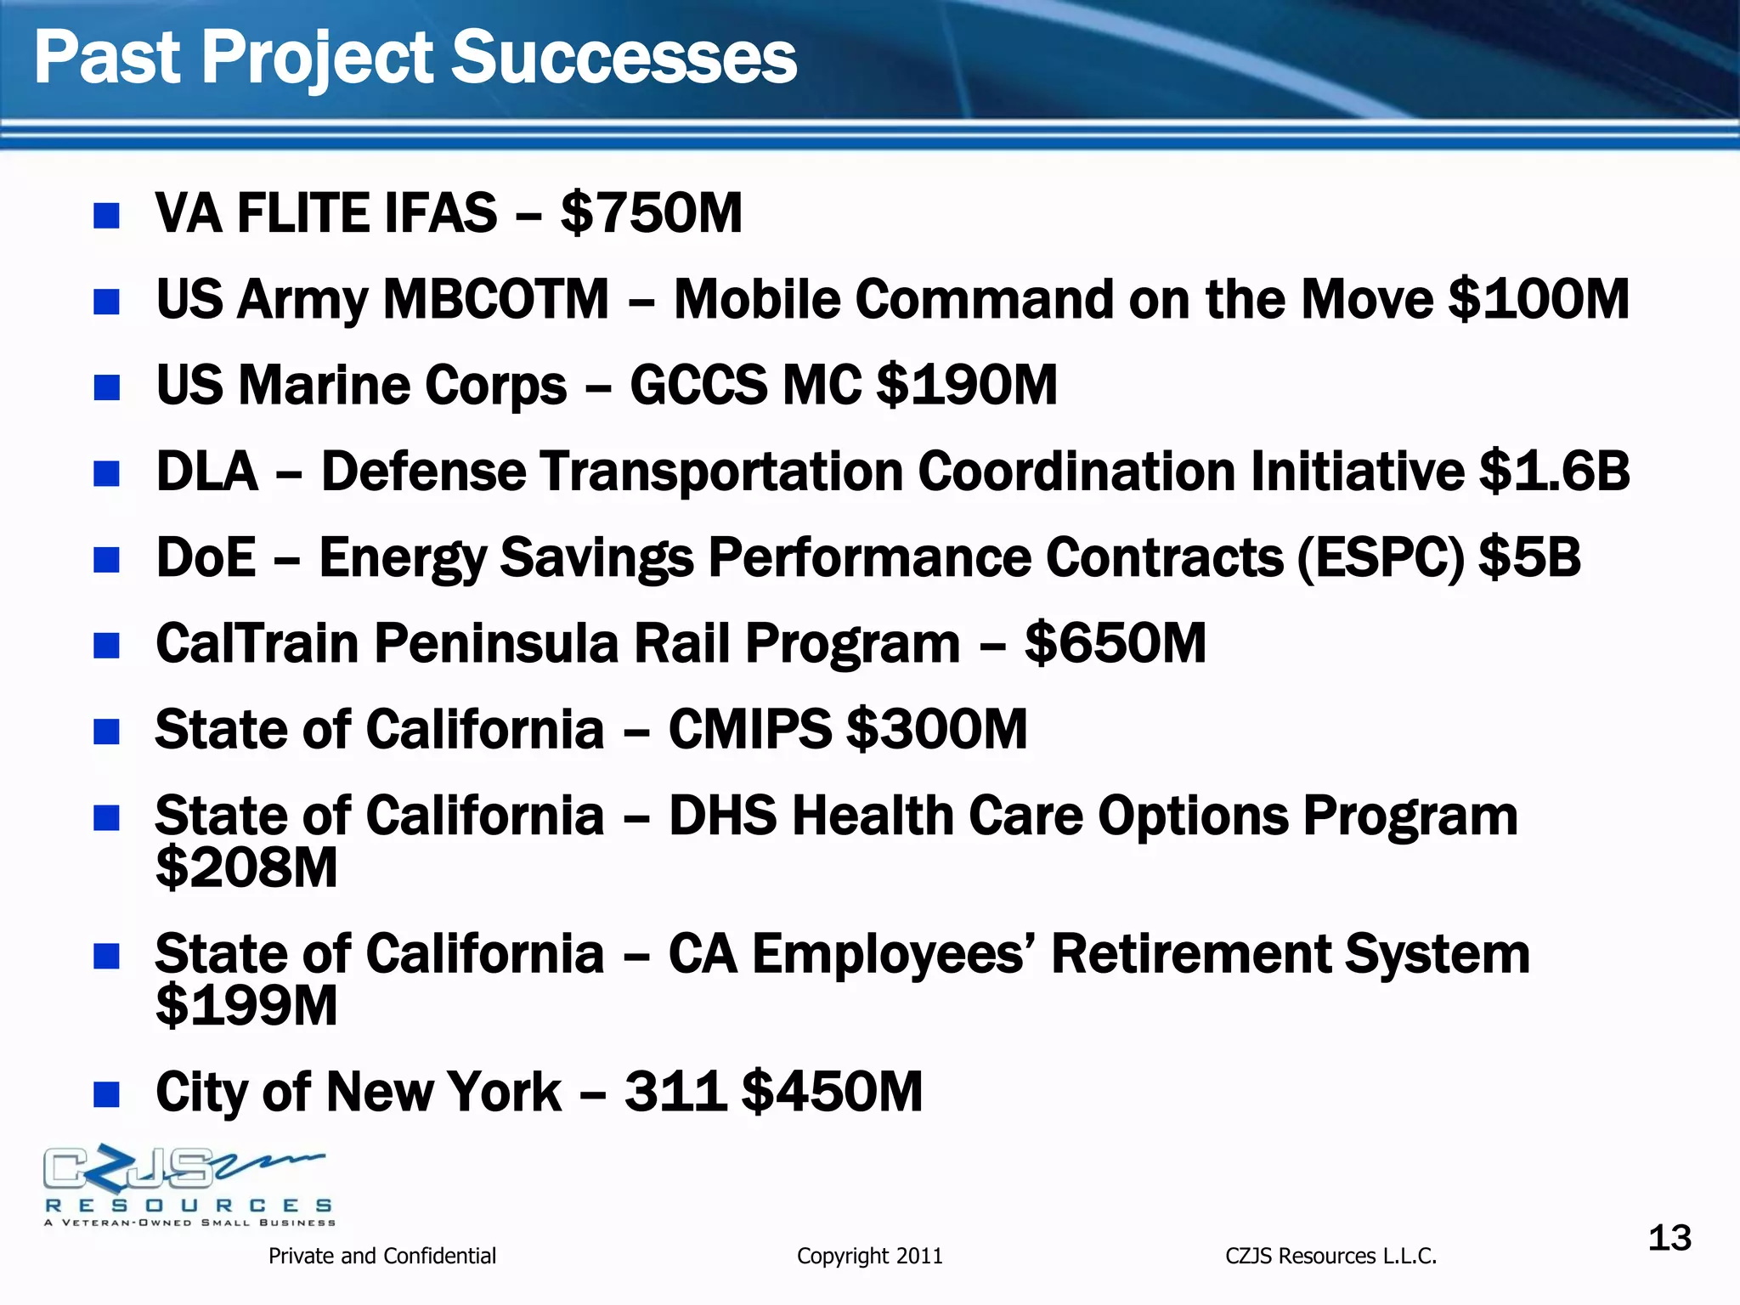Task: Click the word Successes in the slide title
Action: click(624, 58)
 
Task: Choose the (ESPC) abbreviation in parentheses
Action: click(1381, 558)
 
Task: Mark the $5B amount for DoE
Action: click(1529, 558)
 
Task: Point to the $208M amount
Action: click(246, 867)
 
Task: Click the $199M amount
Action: click(246, 1006)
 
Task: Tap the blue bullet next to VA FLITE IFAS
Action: click(106, 215)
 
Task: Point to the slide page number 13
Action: click(1669, 1239)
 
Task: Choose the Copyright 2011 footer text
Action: click(869, 1256)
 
